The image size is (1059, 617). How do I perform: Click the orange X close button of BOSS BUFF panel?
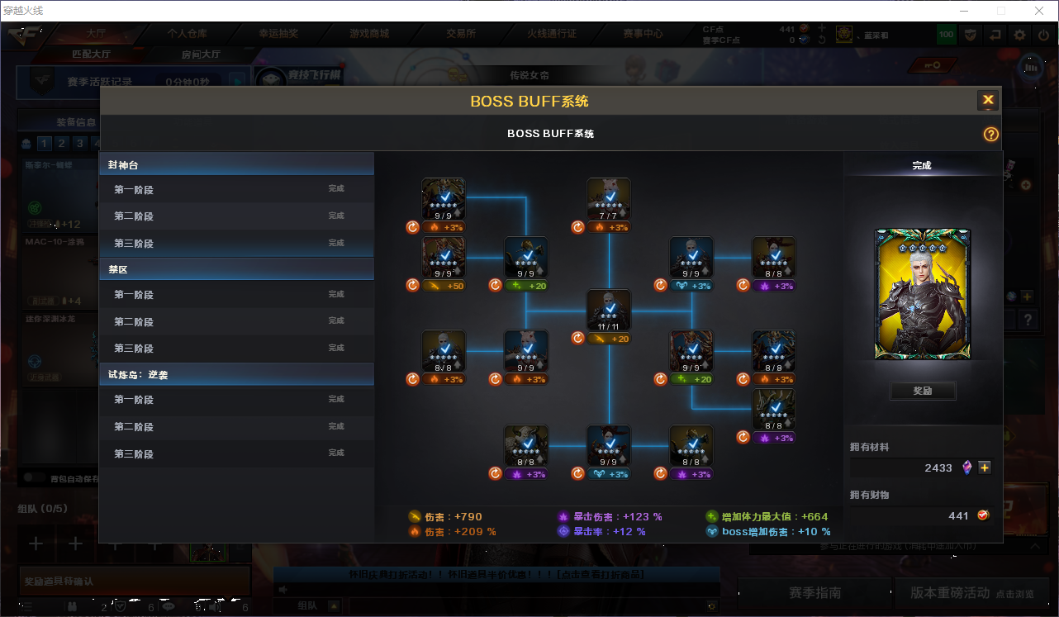coord(988,101)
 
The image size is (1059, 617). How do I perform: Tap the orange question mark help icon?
coord(991,135)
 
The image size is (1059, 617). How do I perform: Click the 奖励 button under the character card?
coord(923,391)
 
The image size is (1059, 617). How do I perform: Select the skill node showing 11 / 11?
coord(609,311)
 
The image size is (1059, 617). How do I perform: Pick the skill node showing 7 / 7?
coord(609,199)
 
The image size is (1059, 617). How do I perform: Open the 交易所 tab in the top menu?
coord(461,34)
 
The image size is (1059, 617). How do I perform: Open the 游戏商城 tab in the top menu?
coord(369,34)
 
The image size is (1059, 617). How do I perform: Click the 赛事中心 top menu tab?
coord(643,34)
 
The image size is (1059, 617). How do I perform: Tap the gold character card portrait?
coord(923,294)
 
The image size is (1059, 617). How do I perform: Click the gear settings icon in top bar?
coord(1020,35)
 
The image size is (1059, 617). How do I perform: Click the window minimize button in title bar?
coord(963,11)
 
